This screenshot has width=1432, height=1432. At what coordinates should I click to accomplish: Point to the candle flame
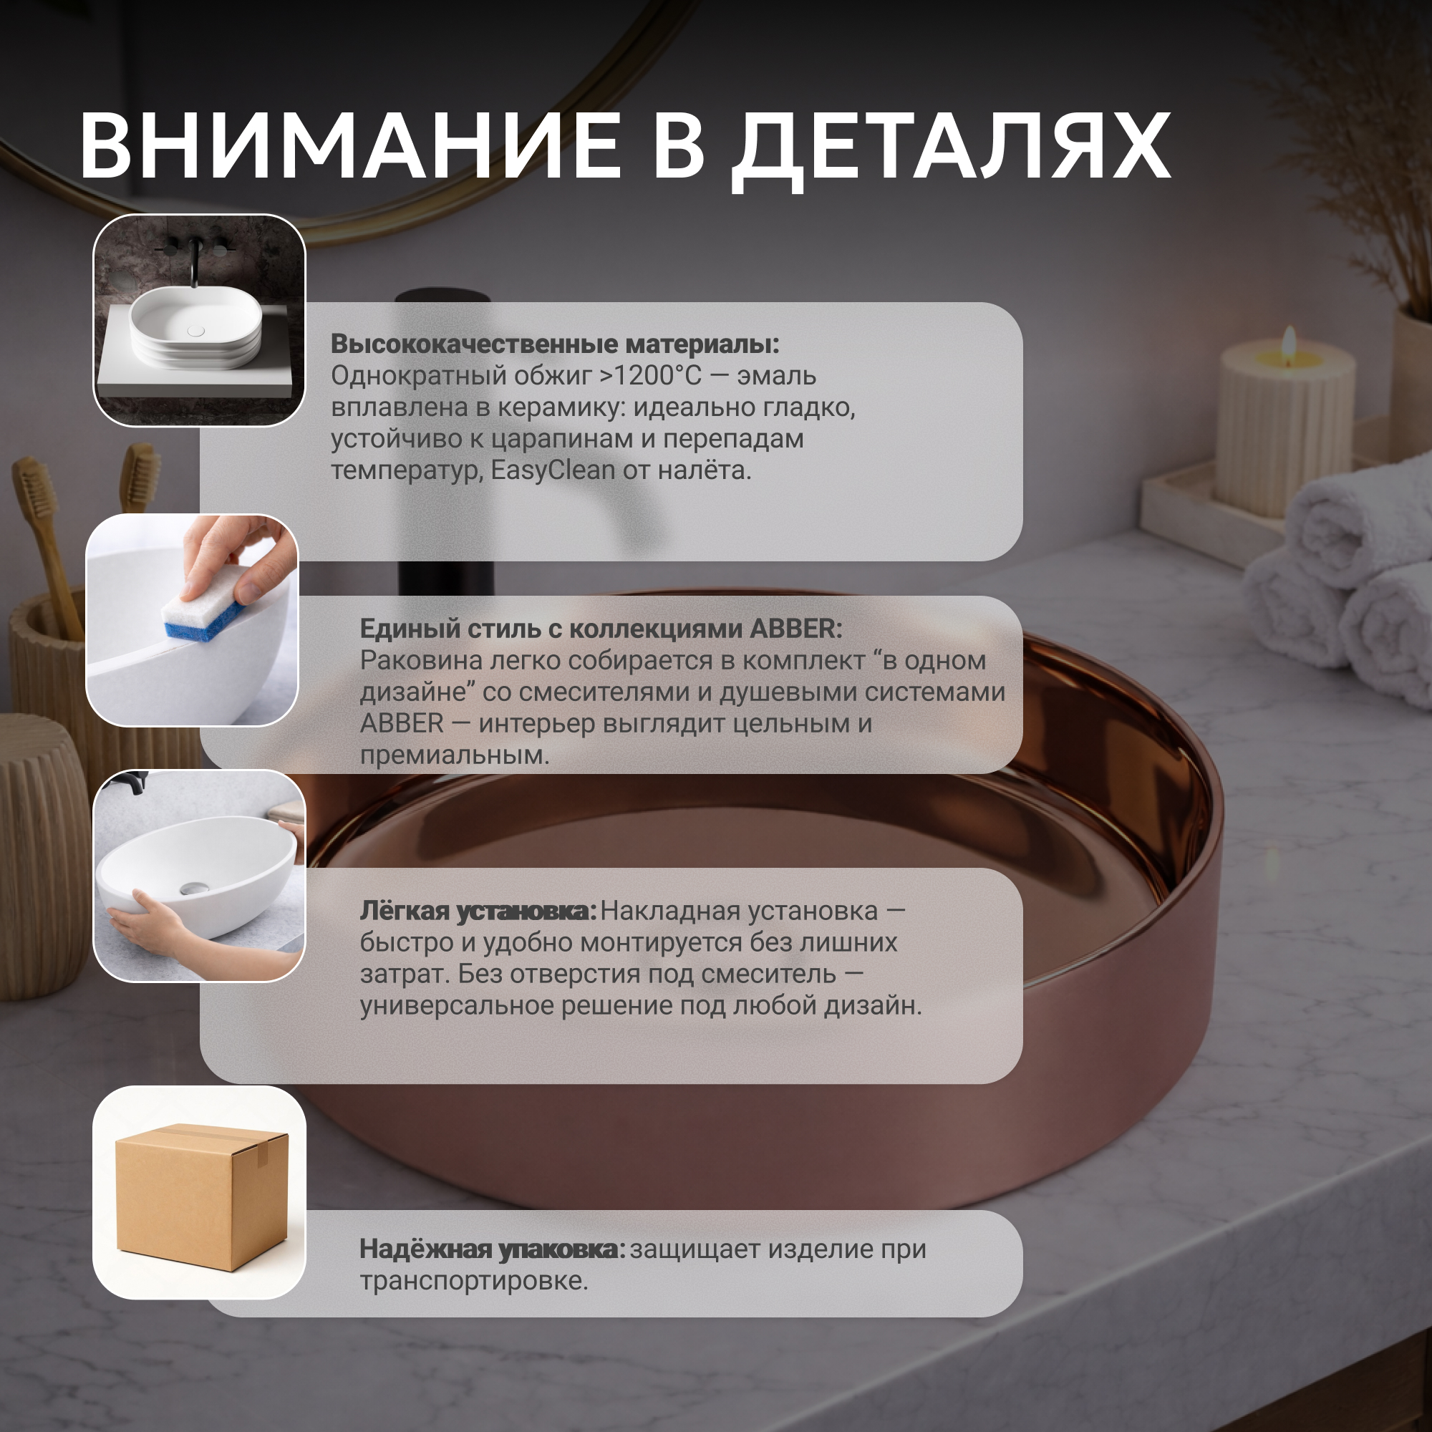click(x=1289, y=342)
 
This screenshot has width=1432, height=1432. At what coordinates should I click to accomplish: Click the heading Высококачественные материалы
click(x=555, y=344)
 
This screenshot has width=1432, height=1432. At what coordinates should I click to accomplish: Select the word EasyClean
click(x=553, y=470)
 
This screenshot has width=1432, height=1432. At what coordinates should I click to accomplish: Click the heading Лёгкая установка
click(x=478, y=911)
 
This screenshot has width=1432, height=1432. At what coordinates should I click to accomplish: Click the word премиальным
click(x=455, y=755)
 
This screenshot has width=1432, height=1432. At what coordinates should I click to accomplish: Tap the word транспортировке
click(x=473, y=1281)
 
